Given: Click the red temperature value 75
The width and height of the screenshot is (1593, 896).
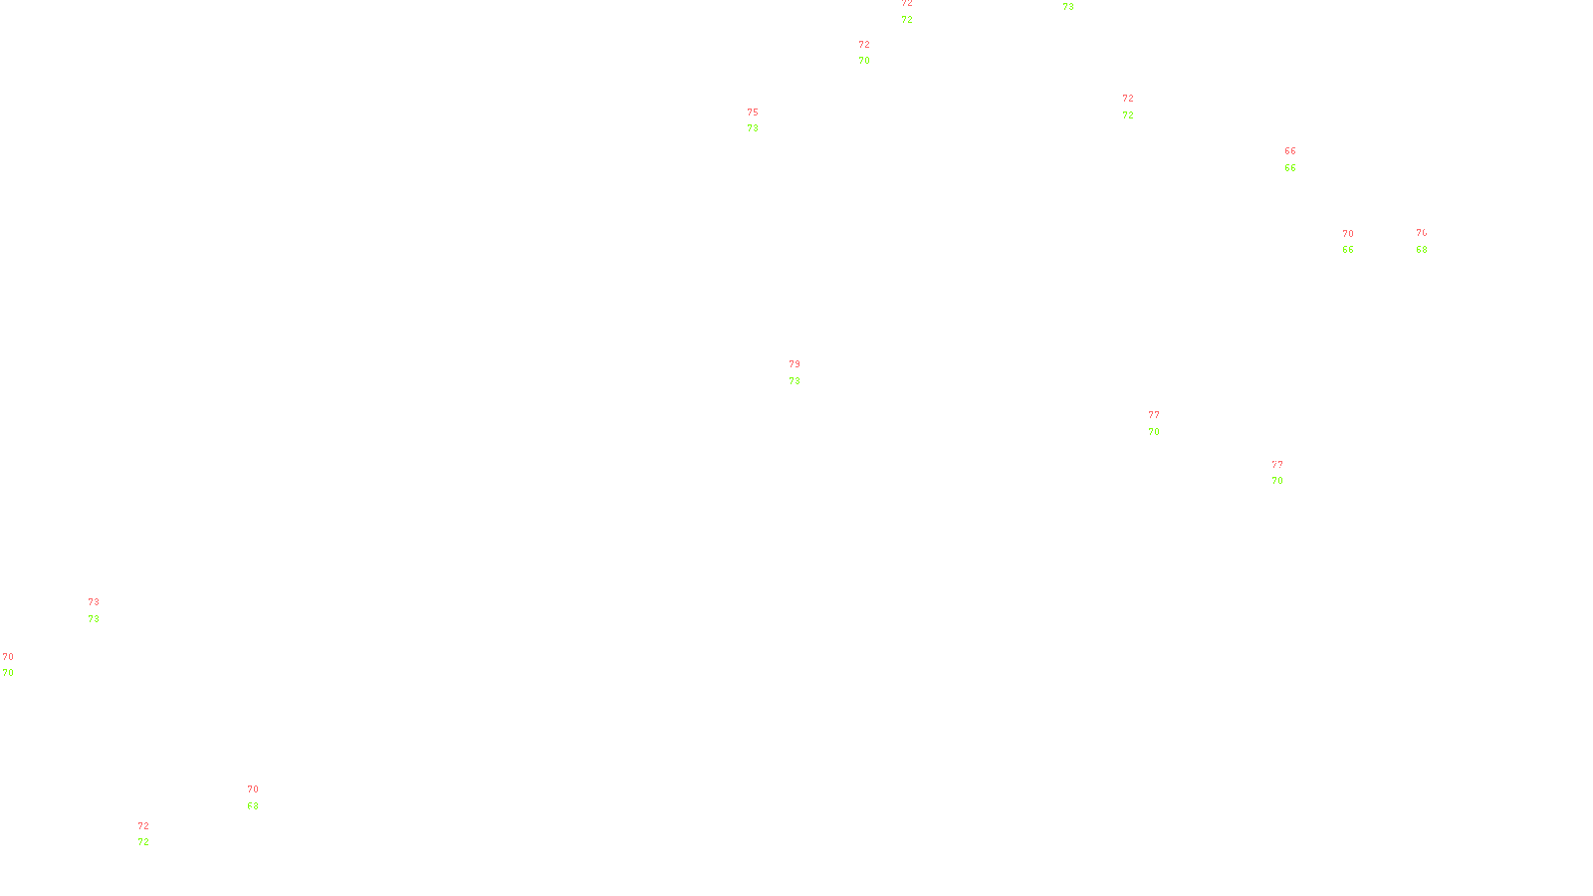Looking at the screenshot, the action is click(x=753, y=112).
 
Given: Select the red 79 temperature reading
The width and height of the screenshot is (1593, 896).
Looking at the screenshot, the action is click(x=795, y=364).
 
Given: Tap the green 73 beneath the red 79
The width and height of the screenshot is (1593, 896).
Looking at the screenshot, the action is click(x=795, y=381).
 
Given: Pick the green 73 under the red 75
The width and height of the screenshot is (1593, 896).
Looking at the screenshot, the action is click(x=753, y=128).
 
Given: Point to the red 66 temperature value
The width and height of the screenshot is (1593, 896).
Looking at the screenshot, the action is click(x=1290, y=151).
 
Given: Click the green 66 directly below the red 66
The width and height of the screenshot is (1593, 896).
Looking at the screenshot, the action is click(x=1290, y=168).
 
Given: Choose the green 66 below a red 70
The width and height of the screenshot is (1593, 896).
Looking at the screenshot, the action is click(x=1348, y=250).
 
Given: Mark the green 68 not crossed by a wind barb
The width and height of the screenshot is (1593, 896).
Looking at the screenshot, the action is click(x=1422, y=250).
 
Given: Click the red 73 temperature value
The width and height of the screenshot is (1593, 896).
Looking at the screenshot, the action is click(x=94, y=602).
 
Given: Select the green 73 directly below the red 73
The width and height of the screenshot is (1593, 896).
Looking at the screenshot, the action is click(x=94, y=619).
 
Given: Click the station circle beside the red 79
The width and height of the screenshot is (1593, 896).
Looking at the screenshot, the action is click(x=804, y=372).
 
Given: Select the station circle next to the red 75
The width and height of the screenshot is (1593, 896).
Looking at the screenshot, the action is click(x=763, y=120).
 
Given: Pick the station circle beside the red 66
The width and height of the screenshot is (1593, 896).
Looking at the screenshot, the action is click(x=1299, y=159).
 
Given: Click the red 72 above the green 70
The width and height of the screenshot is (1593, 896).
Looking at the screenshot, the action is click(x=864, y=45).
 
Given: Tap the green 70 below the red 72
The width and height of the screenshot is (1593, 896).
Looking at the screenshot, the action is click(x=864, y=61).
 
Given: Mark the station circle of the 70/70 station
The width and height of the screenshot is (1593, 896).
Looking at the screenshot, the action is click(x=17, y=665).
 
